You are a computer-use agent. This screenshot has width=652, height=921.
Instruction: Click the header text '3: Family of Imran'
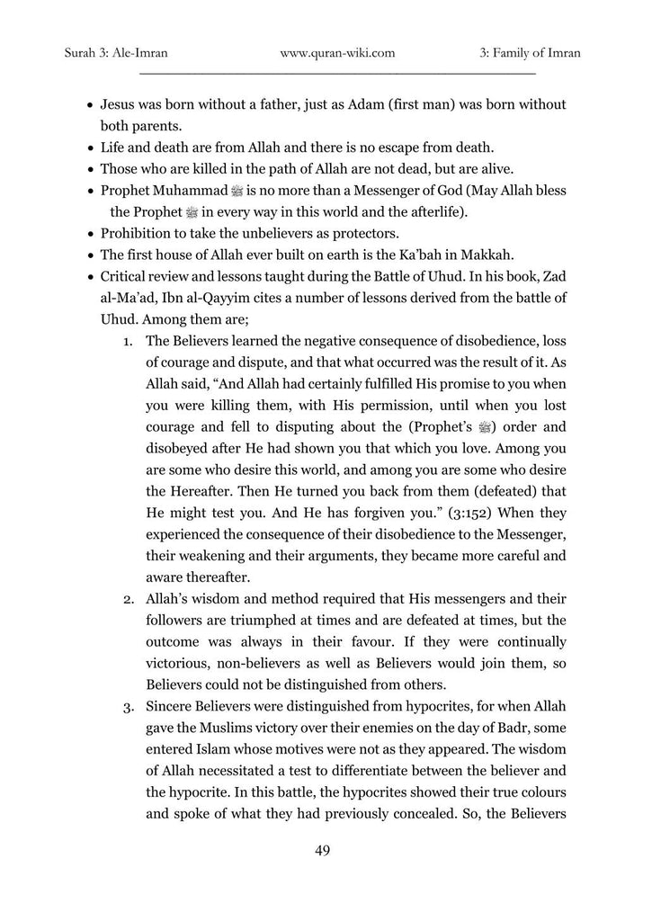(531, 53)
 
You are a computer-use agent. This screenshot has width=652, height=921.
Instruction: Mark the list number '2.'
(130, 598)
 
